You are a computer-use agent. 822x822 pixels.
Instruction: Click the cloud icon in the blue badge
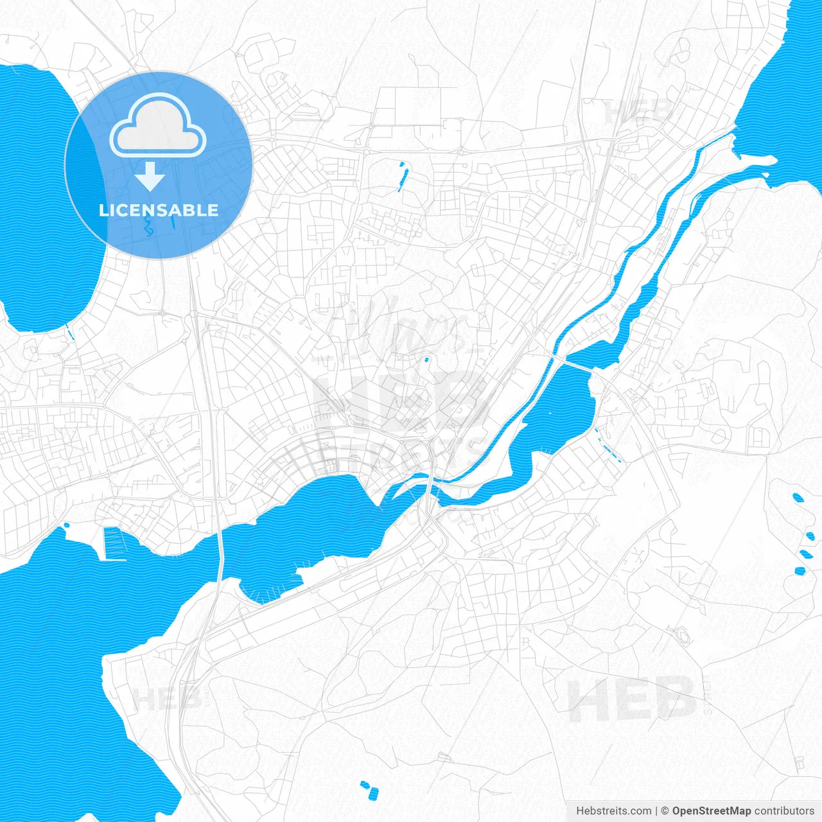click(158, 126)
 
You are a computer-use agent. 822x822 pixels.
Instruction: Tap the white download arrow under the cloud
click(150, 176)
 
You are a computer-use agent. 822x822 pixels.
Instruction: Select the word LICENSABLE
click(159, 210)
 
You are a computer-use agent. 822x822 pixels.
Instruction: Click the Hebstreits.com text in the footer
click(613, 811)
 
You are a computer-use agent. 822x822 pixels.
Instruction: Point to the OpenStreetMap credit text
click(712, 811)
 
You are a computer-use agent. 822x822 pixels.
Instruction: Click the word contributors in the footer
click(784, 811)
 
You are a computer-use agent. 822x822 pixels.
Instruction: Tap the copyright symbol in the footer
click(665, 811)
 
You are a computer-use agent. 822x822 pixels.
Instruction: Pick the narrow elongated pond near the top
click(403, 177)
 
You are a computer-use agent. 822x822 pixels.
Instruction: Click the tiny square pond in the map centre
click(425, 360)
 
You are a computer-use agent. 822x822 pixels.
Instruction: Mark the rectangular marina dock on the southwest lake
click(113, 543)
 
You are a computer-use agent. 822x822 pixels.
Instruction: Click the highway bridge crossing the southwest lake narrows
click(220, 552)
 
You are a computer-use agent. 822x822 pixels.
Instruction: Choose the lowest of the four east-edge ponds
click(800, 571)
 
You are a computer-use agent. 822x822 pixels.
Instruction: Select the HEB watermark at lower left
click(167, 699)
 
